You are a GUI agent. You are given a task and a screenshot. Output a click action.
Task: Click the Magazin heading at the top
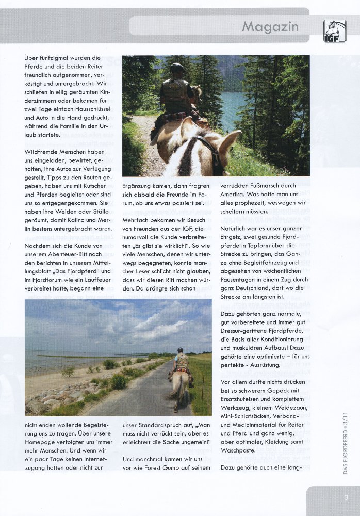[270, 26]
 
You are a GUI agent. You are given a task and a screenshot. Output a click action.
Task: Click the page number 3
[347, 497]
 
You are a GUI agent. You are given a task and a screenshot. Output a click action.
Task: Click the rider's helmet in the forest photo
[176, 69]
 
